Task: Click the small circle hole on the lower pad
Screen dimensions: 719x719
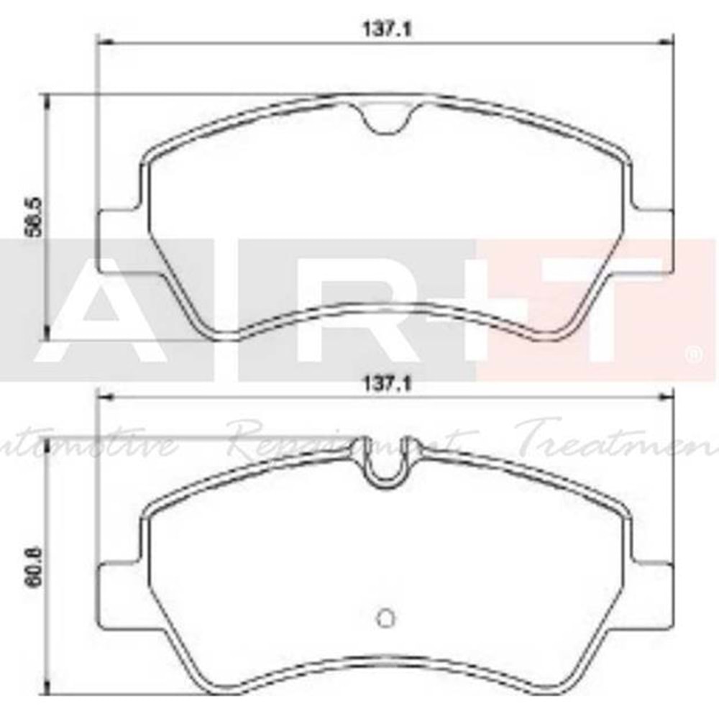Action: point(385,617)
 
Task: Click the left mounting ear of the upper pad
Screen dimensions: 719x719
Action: point(116,241)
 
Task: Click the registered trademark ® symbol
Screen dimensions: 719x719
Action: point(694,354)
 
